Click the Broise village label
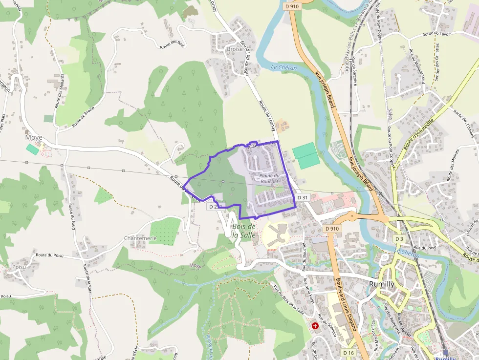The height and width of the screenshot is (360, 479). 235,49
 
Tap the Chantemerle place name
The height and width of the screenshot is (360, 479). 140,238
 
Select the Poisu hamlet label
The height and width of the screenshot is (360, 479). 20,267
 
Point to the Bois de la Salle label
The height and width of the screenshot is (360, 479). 244,231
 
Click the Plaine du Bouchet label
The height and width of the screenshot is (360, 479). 269,178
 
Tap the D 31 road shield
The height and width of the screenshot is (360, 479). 303,197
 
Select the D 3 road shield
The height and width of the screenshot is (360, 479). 399,238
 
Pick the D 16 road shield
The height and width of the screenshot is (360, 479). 348,352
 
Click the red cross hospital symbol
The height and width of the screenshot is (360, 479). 315,325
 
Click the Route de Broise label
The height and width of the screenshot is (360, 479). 83,117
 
